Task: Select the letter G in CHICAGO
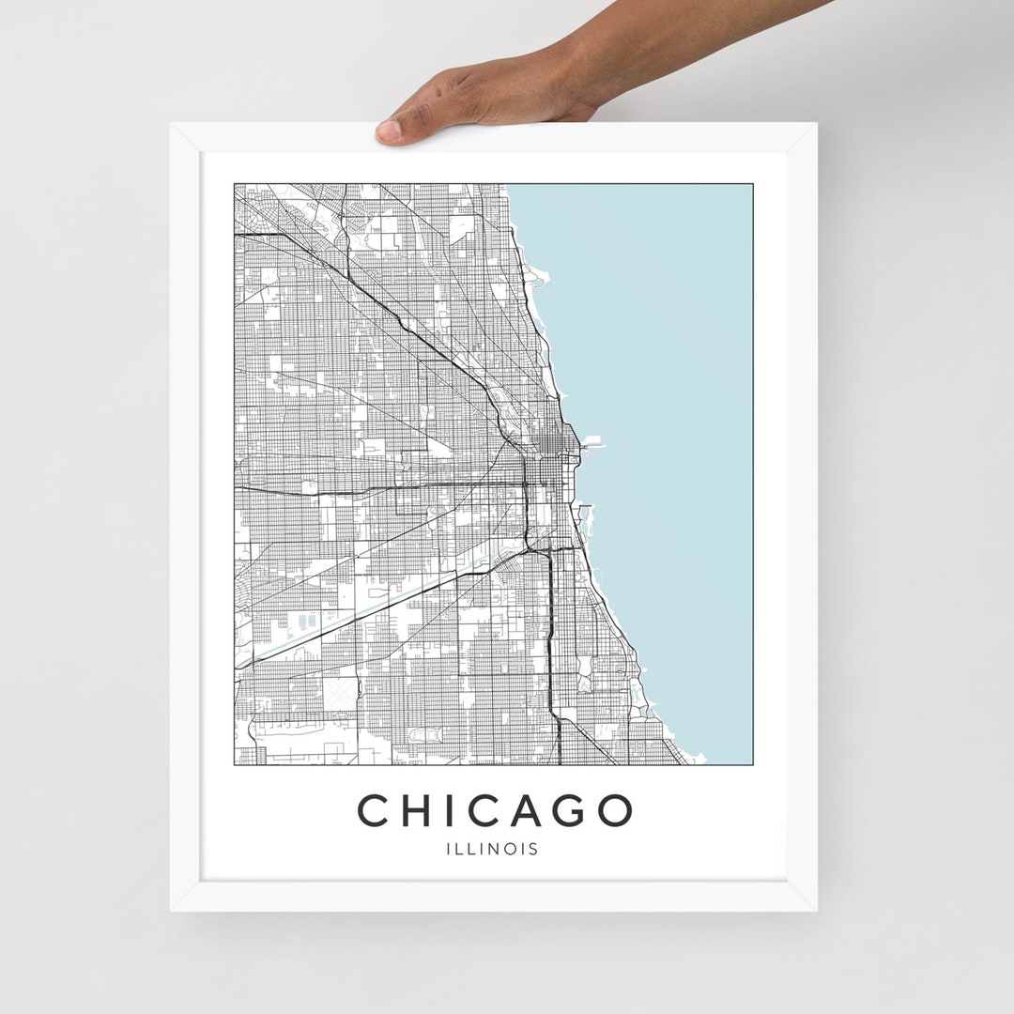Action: tap(568, 811)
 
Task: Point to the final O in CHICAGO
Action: tap(613, 811)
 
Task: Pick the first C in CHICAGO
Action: tap(376, 811)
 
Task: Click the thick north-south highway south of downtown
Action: tap(549, 638)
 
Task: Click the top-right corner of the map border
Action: tap(752, 184)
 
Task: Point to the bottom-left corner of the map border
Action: tap(234, 764)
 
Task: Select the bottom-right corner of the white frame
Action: tap(816, 910)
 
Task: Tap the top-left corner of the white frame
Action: tap(171, 124)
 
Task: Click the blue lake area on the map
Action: tap(657, 376)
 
